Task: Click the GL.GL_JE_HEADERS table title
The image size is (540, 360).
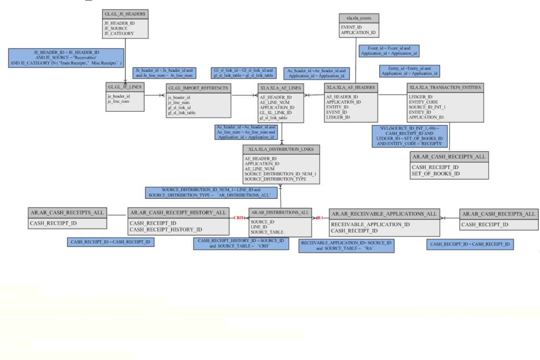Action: tap(125, 14)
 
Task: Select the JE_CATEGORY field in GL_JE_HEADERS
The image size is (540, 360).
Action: tap(119, 34)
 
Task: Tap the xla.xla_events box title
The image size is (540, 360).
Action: tap(359, 18)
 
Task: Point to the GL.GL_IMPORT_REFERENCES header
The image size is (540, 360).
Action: tap(198, 88)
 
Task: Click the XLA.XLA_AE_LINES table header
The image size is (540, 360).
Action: tap(281, 88)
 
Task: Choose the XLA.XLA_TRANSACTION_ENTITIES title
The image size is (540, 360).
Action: tap(445, 87)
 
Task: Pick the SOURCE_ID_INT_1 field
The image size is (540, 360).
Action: tap(427, 107)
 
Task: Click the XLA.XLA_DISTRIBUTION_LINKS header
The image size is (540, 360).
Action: tap(281, 149)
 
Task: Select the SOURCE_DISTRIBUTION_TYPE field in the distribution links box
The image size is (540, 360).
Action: tap(275, 179)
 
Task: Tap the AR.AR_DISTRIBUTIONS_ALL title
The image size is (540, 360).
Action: tap(280, 212)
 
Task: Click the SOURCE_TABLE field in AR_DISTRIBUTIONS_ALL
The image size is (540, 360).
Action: tap(267, 232)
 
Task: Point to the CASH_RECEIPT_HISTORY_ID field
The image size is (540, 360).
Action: tap(166, 229)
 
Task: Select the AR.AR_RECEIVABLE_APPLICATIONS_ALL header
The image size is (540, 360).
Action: tap(384, 214)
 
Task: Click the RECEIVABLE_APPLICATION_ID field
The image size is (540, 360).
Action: tap(370, 224)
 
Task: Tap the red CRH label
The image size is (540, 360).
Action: tap(238, 218)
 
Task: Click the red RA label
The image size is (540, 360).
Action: tap(320, 218)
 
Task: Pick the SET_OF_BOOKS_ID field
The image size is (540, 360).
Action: tap(436, 174)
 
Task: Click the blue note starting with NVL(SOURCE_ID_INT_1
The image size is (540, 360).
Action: tap(409, 136)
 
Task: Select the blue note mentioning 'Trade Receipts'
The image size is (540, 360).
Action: tap(66, 58)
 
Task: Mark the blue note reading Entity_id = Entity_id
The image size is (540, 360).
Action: tap(409, 71)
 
